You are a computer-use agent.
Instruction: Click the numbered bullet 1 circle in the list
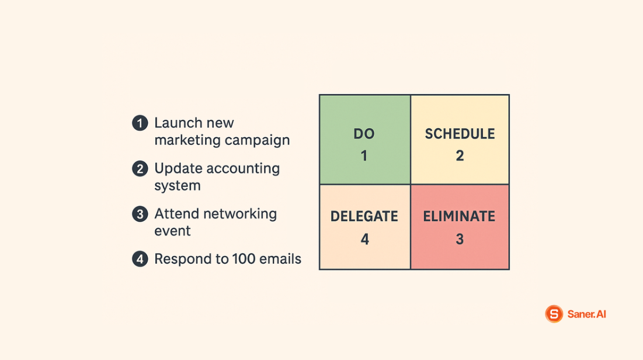pos(140,123)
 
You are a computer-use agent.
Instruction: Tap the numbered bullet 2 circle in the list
pos(140,169)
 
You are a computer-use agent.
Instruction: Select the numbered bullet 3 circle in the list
pos(140,214)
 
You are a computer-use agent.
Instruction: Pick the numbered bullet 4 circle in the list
pos(140,259)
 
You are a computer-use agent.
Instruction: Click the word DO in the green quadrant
pos(364,134)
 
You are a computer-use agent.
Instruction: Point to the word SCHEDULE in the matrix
pos(460,134)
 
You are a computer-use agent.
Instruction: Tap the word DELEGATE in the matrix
pos(364,216)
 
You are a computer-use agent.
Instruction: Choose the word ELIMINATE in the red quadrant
pos(459,216)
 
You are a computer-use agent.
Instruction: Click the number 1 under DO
pos(364,156)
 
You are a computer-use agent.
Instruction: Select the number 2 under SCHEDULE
pos(460,156)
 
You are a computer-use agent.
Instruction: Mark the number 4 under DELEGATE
pos(364,239)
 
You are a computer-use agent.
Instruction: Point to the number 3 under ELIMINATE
pos(460,239)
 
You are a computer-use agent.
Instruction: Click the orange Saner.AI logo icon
pos(554,314)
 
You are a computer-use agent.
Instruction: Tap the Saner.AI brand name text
pos(586,314)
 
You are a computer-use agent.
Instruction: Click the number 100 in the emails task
pos(242,259)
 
